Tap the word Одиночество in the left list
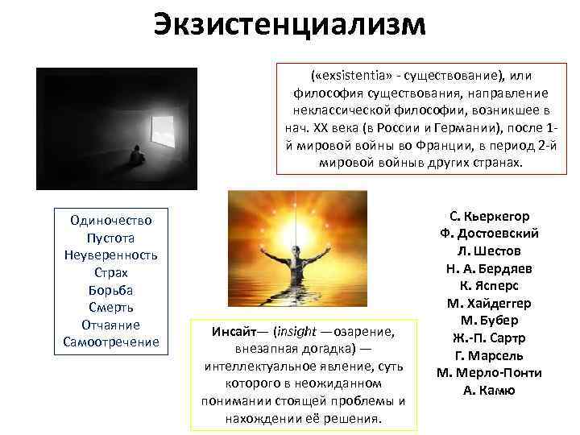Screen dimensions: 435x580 click(111, 219)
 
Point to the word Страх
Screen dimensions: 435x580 click(111, 272)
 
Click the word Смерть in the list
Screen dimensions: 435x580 click(111, 307)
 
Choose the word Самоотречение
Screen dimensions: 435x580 click(111, 342)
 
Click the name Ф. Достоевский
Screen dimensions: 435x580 click(489, 233)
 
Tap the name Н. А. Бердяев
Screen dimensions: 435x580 click(489, 267)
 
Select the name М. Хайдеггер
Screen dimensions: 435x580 click(489, 303)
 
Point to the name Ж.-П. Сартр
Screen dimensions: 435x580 click(489, 338)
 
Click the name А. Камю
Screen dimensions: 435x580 click(489, 391)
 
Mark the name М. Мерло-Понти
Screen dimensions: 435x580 click(489, 373)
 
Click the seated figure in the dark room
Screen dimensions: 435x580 click(137, 154)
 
